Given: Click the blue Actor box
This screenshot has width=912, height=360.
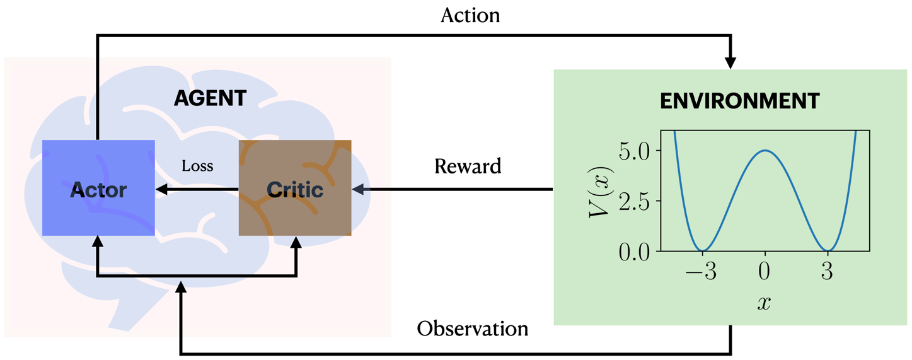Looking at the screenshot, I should point(98,188).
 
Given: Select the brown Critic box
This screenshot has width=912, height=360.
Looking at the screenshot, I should point(294,188).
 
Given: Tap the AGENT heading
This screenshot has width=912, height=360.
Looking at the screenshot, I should point(210,99).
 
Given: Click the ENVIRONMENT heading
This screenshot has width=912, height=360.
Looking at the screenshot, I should point(739,101).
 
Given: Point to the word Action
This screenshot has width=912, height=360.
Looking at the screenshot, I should point(470,15).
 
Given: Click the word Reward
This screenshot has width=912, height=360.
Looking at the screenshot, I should point(468,166).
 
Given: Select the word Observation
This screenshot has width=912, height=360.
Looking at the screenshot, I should point(472,329).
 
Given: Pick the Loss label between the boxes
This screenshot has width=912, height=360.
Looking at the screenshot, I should point(197,166).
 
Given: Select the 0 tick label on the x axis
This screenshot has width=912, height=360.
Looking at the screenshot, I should point(765,272).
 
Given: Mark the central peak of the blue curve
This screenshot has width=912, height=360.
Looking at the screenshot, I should point(765,151).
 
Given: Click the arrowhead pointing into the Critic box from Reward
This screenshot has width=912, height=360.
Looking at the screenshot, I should point(358,189).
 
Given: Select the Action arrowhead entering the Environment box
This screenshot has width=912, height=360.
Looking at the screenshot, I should point(730,63).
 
